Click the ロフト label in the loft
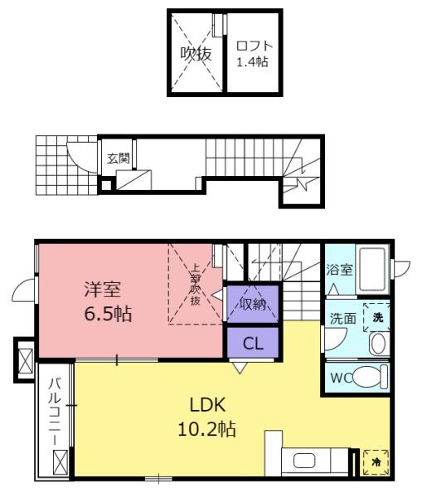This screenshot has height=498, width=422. coord(255,46)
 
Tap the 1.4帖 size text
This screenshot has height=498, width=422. coord(252,61)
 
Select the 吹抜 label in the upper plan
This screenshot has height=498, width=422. coord(196,54)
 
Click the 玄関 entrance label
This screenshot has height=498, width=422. coord(119,158)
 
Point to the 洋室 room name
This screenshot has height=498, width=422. coord(102,290)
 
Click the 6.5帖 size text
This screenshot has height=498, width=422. coord(108,314)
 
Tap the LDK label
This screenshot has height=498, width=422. coord(207,405)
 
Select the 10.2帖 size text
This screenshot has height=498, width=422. coord(207,429)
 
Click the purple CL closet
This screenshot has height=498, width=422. coord(253,342)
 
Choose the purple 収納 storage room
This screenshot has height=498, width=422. coord(253,304)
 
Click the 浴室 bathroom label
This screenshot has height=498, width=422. coord(339,270)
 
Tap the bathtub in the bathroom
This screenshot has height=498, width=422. coord(372,270)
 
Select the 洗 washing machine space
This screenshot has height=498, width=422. coord(376,317)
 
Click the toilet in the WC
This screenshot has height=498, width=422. coord(370,377)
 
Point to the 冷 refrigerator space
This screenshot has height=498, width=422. coord(376,462)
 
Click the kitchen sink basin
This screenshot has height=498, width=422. coord(304,461)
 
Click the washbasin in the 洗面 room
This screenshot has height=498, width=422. coord(380,344)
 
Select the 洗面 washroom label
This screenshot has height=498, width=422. coord(342,319)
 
